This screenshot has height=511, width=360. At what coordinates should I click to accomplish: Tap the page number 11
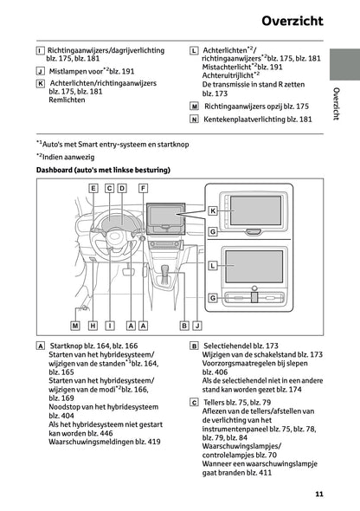tap(319, 494)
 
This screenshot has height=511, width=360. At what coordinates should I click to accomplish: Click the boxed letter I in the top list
tap(41, 54)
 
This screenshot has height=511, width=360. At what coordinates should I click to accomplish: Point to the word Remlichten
tap(67, 100)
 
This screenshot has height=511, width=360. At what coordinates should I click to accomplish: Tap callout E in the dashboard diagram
tap(93, 188)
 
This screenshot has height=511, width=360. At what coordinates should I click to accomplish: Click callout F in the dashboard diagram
tap(143, 188)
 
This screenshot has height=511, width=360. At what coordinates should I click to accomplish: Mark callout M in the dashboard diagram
tap(75, 325)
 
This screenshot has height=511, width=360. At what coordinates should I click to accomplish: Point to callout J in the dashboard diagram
tap(198, 325)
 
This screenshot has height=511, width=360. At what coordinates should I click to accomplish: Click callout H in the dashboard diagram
tap(93, 325)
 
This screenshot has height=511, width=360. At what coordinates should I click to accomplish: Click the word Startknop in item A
tap(70, 345)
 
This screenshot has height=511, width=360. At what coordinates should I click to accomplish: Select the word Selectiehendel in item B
tap(228, 345)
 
